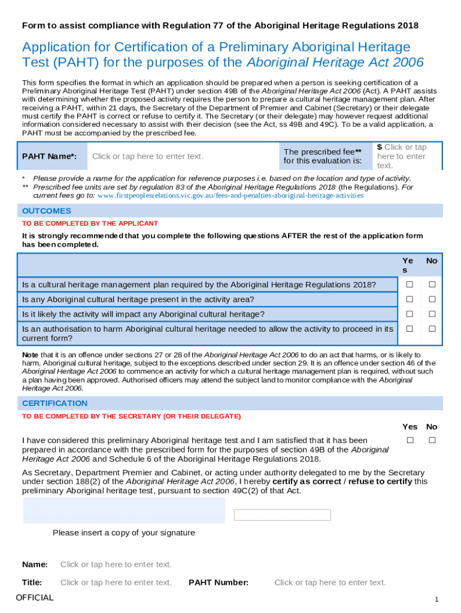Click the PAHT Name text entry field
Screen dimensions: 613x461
pyautogui.click(x=148, y=156)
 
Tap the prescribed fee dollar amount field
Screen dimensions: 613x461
pyautogui.click(x=401, y=156)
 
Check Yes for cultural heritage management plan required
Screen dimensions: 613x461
pyautogui.click(x=410, y=284)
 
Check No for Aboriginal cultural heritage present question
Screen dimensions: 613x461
pyautogui.click(x=432, y=299)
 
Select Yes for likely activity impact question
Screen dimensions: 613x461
pyautogui.click(x=410, y=314)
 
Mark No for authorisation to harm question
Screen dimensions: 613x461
pyautogui.click(x=432, y=329)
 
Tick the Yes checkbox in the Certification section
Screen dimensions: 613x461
pyautogui.click(x=410, y=441)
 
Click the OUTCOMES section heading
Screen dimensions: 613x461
pyautogui.click(x=47, y=211)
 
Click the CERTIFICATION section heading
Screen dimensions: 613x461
pyautogui.click(x=55, y=403)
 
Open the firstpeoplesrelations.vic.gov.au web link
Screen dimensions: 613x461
pyautogui.click(x=230, y=195)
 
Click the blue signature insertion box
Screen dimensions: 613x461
pyautogui.click(x=123, y=511)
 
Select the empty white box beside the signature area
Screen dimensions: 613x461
pyautogui.click(x=282, y=515)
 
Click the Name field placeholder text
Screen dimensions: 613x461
pyautogui.click(x=116, y=565)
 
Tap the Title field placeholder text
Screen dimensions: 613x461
pyautogui.click(x=116, y=582)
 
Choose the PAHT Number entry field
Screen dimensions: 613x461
pyautogui.click(x=330, y=582)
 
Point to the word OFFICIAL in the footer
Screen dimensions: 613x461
pyautogui.click(x=35, y=597)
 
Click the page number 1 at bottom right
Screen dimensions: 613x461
pyautogui.click(x=437, y=600)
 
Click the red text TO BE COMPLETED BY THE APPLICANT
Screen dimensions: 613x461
pyautogui.click(x=90, y=223)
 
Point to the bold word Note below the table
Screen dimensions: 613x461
pyautogui.click(x=31, y=354)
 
